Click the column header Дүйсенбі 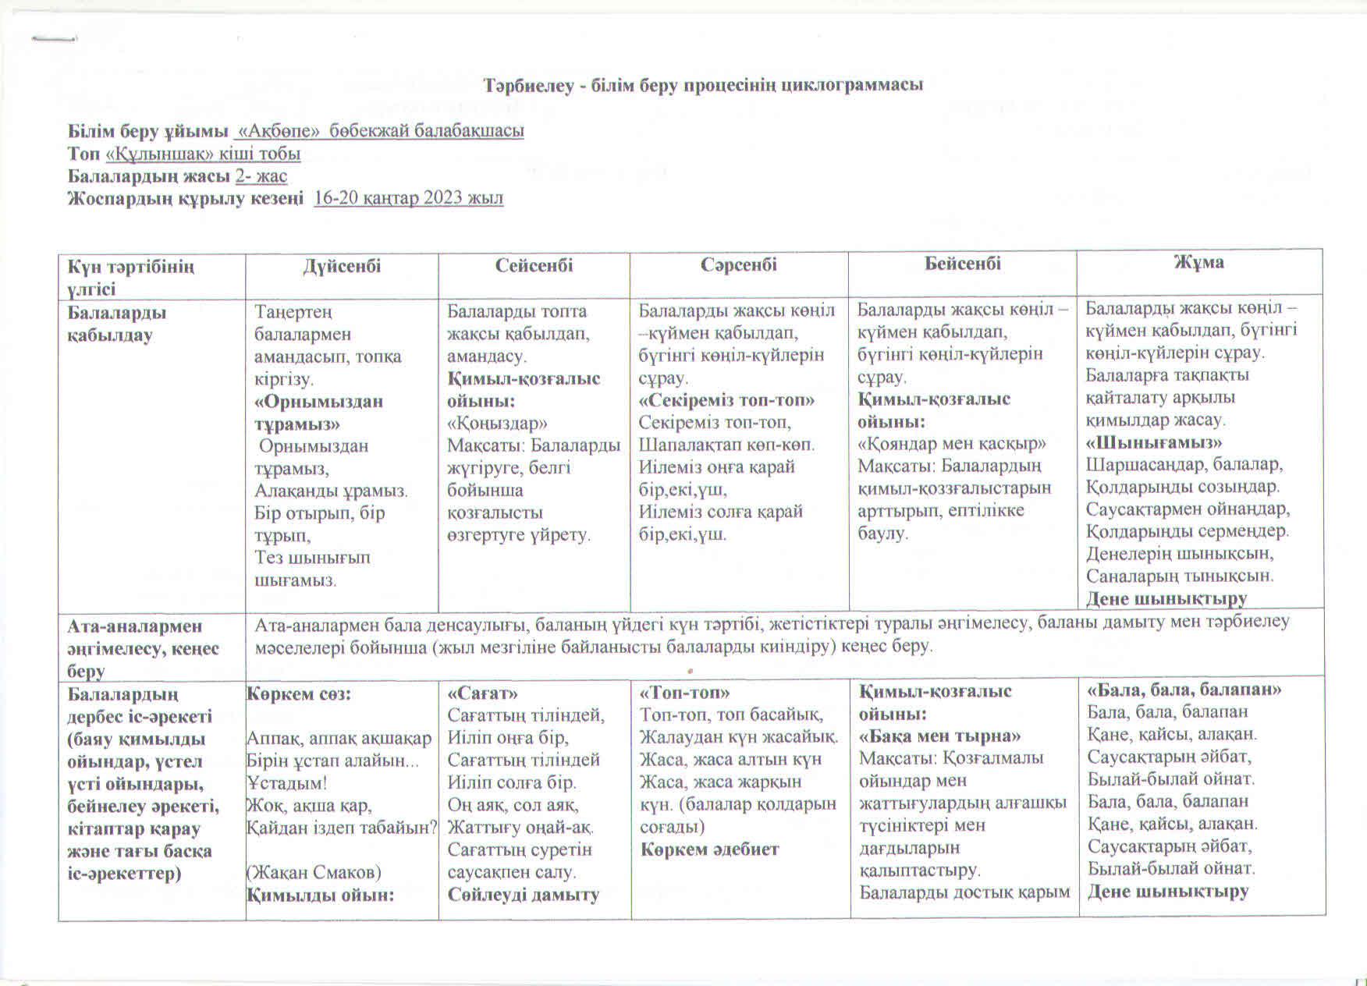click(342, 266)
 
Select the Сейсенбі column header click(534, 265)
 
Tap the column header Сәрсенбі click(738, 264)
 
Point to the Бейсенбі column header click(963, 263)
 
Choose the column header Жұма click(1199, 262)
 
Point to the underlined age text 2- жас click(261, 176)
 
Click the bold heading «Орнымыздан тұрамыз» click(318, 413)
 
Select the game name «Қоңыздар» click(497, 424)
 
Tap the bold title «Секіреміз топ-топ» click(726, 400)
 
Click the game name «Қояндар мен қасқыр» click(952, 444)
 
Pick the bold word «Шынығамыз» click(1154, 442)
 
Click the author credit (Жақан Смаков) click(314, 872)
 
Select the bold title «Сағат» click(482, 693)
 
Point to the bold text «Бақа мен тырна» click(940, 736)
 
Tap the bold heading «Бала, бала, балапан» click(1184, 690)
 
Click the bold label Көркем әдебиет click(709, 849)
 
